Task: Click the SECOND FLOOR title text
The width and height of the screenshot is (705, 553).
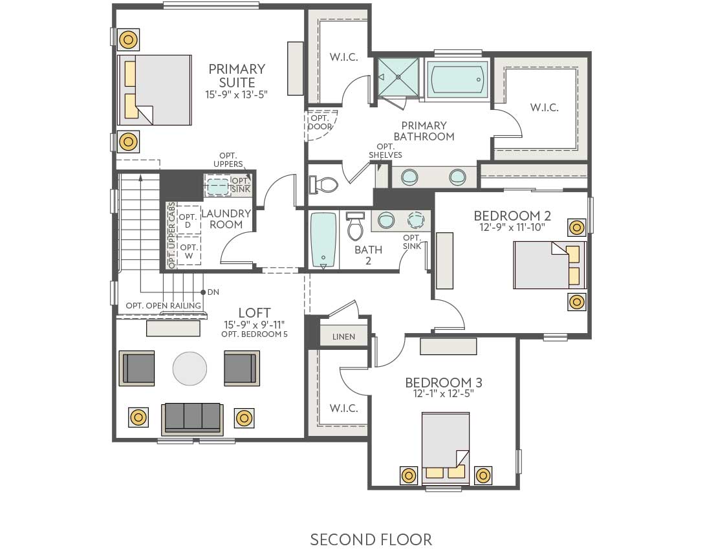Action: tap(371, 539)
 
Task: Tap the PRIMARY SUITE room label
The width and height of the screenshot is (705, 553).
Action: tap(237, 76)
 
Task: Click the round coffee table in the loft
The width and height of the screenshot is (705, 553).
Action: tap(190, 369)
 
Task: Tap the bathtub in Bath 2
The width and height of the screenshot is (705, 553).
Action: tap(323, 240)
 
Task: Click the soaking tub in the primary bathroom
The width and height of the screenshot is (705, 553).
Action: tap(457, 80)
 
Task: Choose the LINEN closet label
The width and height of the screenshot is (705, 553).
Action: tap(343, 337)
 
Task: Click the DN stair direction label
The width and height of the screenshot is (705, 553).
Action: tap(213, 292)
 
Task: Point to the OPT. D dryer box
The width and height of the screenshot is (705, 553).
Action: tap(188, 221)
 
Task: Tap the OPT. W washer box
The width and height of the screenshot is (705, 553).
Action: tap(188, 252)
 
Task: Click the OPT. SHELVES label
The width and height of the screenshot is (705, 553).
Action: tap(385, 151)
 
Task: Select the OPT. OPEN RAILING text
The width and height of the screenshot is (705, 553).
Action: tap(163, 306)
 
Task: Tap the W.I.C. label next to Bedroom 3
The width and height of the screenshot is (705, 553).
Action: tap(343, 408)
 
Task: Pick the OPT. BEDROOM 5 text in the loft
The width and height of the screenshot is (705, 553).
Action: tap(254, 334)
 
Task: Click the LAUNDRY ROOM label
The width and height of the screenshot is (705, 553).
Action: tap(226, 219)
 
